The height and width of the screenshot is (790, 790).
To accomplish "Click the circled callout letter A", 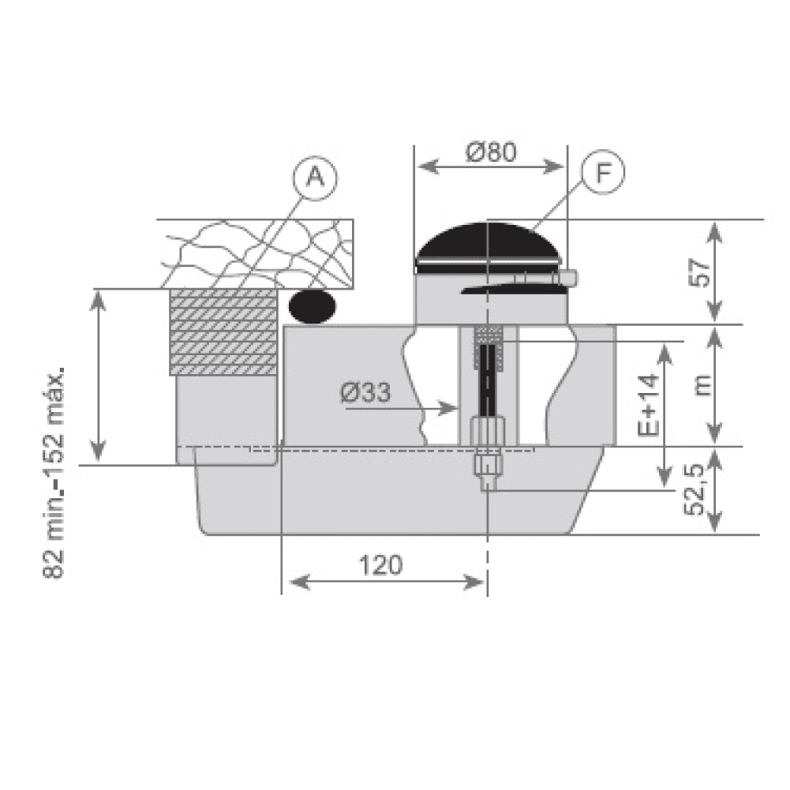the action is coord(316,178).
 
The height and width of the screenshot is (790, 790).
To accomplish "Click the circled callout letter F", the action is coord(603,172).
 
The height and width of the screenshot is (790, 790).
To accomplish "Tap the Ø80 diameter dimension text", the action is coord(491,152).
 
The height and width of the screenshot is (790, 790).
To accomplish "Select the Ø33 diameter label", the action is coord(365,392).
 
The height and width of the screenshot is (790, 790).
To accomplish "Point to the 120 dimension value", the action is coord(380,565).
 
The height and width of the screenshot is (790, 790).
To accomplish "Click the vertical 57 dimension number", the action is coord(700,272).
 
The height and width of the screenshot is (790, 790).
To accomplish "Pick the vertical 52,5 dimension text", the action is coord(694,489).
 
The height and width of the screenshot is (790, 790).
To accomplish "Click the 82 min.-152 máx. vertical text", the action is coord(54,473).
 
